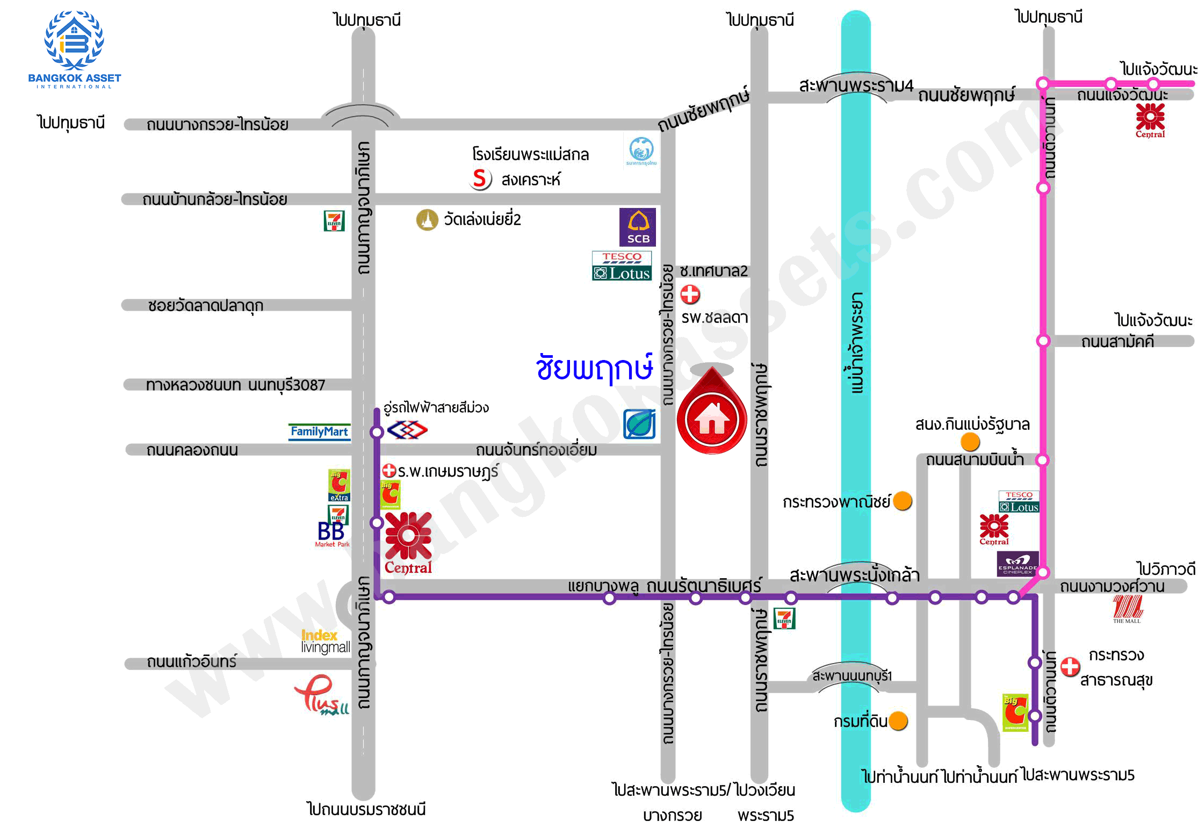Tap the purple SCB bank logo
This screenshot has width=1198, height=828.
(x=638, y=227)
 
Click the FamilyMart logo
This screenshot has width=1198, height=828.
(x=319, y=432)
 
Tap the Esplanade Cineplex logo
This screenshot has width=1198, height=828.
(x=1017, y=564)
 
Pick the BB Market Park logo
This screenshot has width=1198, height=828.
(x=331, y=535)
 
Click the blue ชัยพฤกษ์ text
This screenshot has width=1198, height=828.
(x=594, y=368)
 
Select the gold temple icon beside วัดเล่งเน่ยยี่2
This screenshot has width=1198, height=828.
(x=427, y=220)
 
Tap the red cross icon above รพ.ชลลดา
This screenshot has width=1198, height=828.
(x=690, y=294)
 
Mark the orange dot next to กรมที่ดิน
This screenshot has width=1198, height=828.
(x=898, y=721)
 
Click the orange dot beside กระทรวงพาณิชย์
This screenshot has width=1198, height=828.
(x=903, y=501)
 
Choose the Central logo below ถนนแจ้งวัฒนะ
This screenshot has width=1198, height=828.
(x=1150, y=120)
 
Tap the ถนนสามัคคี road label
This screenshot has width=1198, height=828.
(x=1117, y=342)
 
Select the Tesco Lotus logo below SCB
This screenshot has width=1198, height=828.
(x=622, y=267)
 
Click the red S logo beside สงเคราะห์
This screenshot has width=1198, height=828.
(x=480, y=178)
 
